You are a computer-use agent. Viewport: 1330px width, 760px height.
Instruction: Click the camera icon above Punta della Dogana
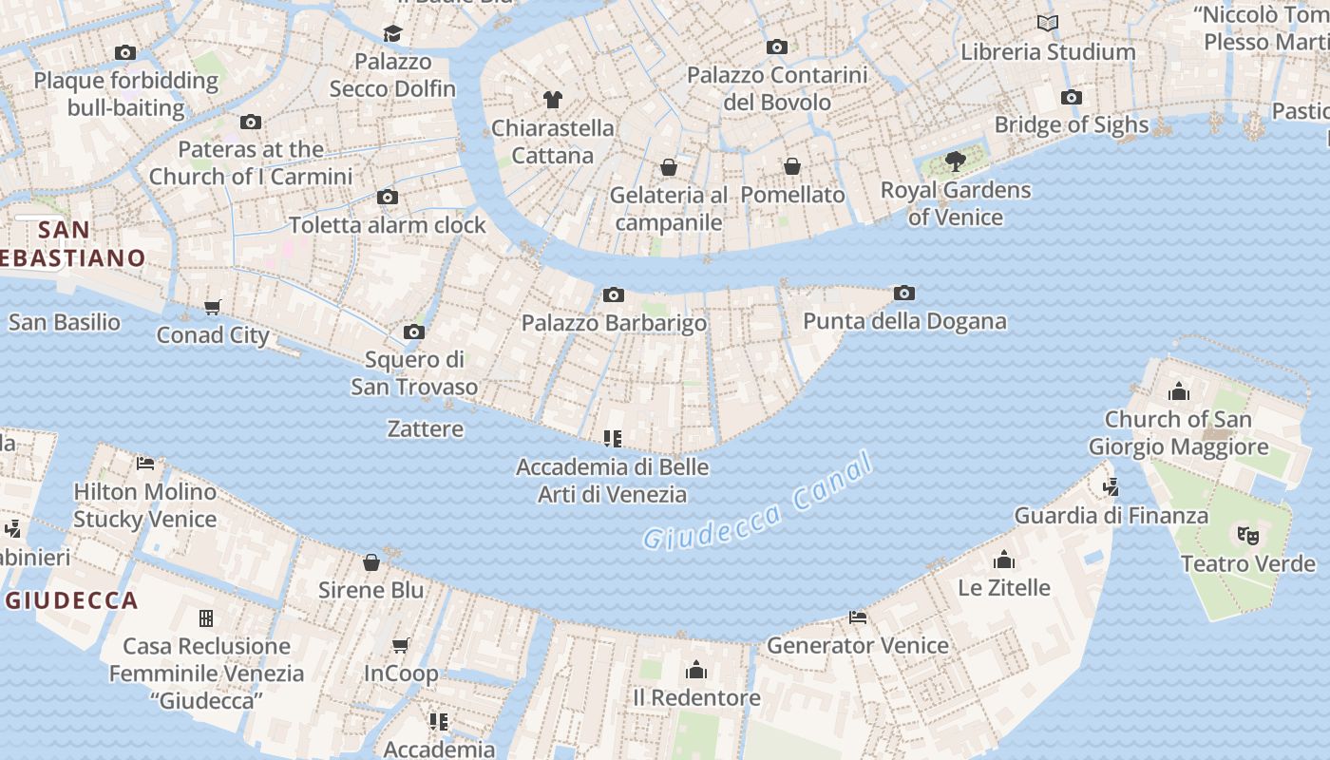tap(904, 294)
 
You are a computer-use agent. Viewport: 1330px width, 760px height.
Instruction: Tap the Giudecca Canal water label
tap(757, 503)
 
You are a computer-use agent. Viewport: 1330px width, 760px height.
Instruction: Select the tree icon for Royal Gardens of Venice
tap(956, 161)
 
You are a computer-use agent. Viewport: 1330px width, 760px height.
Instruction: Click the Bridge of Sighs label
tap(1071, 124)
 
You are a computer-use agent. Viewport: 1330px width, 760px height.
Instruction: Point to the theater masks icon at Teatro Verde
tap(1247, 535)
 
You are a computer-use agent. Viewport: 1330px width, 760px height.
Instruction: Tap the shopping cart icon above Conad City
tap(213, 307)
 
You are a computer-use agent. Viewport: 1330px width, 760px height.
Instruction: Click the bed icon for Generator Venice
tap(858, 617)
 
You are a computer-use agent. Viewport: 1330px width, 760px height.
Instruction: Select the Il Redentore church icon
tap(696, 670)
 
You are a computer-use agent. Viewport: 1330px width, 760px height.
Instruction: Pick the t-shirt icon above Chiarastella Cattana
tap(553, 99)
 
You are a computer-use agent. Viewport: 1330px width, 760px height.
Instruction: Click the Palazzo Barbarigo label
tap(614, 323)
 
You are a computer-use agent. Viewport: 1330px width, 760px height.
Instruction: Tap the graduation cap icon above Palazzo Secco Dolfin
tap(392, 34)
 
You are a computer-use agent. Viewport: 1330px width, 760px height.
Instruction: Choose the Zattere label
tap(426, 429)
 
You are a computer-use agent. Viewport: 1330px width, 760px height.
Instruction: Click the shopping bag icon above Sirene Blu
tap(371, 562)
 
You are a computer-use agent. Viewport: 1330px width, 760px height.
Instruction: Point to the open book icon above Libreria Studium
tap(1048, 24)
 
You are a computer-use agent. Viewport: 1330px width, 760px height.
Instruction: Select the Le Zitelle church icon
tap(1004, 560)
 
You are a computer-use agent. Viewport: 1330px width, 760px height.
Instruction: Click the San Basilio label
tap(65, 322)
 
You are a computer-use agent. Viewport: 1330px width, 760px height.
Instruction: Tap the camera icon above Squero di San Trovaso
tap(414, 332)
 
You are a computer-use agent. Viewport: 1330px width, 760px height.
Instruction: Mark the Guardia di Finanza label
tap(1111, 516)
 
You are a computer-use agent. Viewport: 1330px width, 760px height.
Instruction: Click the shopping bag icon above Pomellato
tap(792, 166)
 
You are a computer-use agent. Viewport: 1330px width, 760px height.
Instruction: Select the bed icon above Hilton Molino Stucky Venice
tap(145, 464)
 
